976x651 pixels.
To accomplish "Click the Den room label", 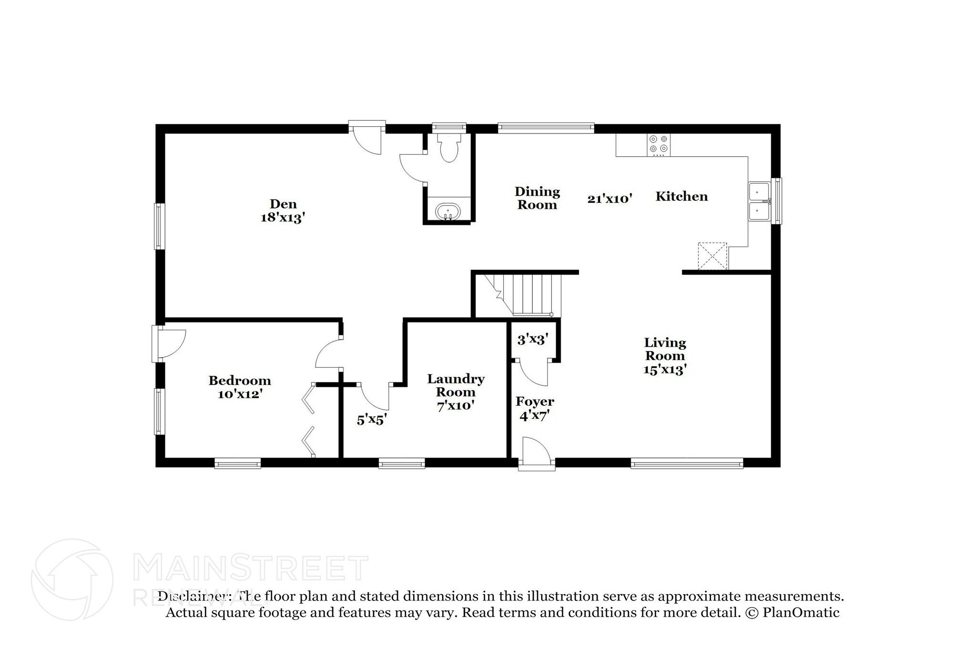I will coord(283,204).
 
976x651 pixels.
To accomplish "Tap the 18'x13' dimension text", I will coord(283,218).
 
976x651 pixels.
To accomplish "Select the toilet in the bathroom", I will coord(449,147).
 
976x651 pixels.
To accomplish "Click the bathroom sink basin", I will coord(448,212).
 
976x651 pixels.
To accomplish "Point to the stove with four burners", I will coord(658,145).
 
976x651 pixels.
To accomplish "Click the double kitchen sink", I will coord(760,201).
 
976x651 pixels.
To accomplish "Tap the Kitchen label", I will coord(681,196).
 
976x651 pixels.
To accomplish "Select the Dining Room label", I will coord(537,198).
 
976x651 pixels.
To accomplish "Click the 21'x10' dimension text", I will coord(610,199).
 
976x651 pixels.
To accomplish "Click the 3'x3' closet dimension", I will coord(532,340).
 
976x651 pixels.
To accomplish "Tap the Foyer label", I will coord(535,402).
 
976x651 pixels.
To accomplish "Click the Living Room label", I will coord(665,349).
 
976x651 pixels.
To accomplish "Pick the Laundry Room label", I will coord(456,385).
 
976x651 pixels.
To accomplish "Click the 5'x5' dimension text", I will coord(372,420).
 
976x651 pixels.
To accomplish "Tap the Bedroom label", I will coord(240,381).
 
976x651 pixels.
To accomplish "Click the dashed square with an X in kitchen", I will coord(712,256).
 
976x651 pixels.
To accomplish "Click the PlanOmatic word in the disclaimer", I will coord(801,613).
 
